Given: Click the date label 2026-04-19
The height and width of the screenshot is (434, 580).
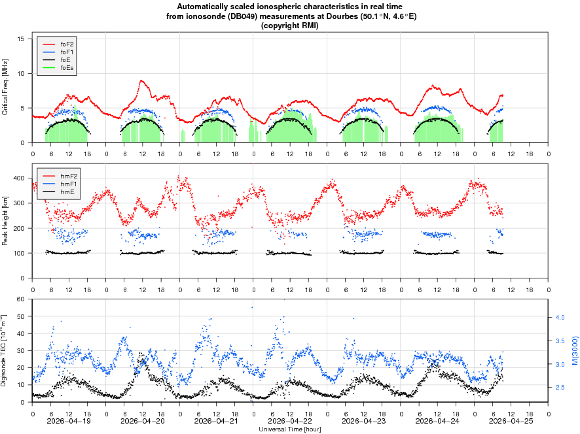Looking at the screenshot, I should (x=69, y=421).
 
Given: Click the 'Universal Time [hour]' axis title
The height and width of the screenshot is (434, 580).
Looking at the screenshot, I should (x=290, y=429).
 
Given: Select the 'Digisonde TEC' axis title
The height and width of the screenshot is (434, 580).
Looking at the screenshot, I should (x=5, y=350).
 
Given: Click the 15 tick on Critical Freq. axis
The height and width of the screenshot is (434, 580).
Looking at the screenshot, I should (x=21, y=39).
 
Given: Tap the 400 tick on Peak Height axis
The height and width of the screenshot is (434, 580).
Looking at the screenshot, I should (x=19, y=178).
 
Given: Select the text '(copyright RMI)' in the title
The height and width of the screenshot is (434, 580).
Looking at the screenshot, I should (x=290, y=25).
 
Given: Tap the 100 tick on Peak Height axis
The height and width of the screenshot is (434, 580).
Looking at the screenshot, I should (x=19, y=254).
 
